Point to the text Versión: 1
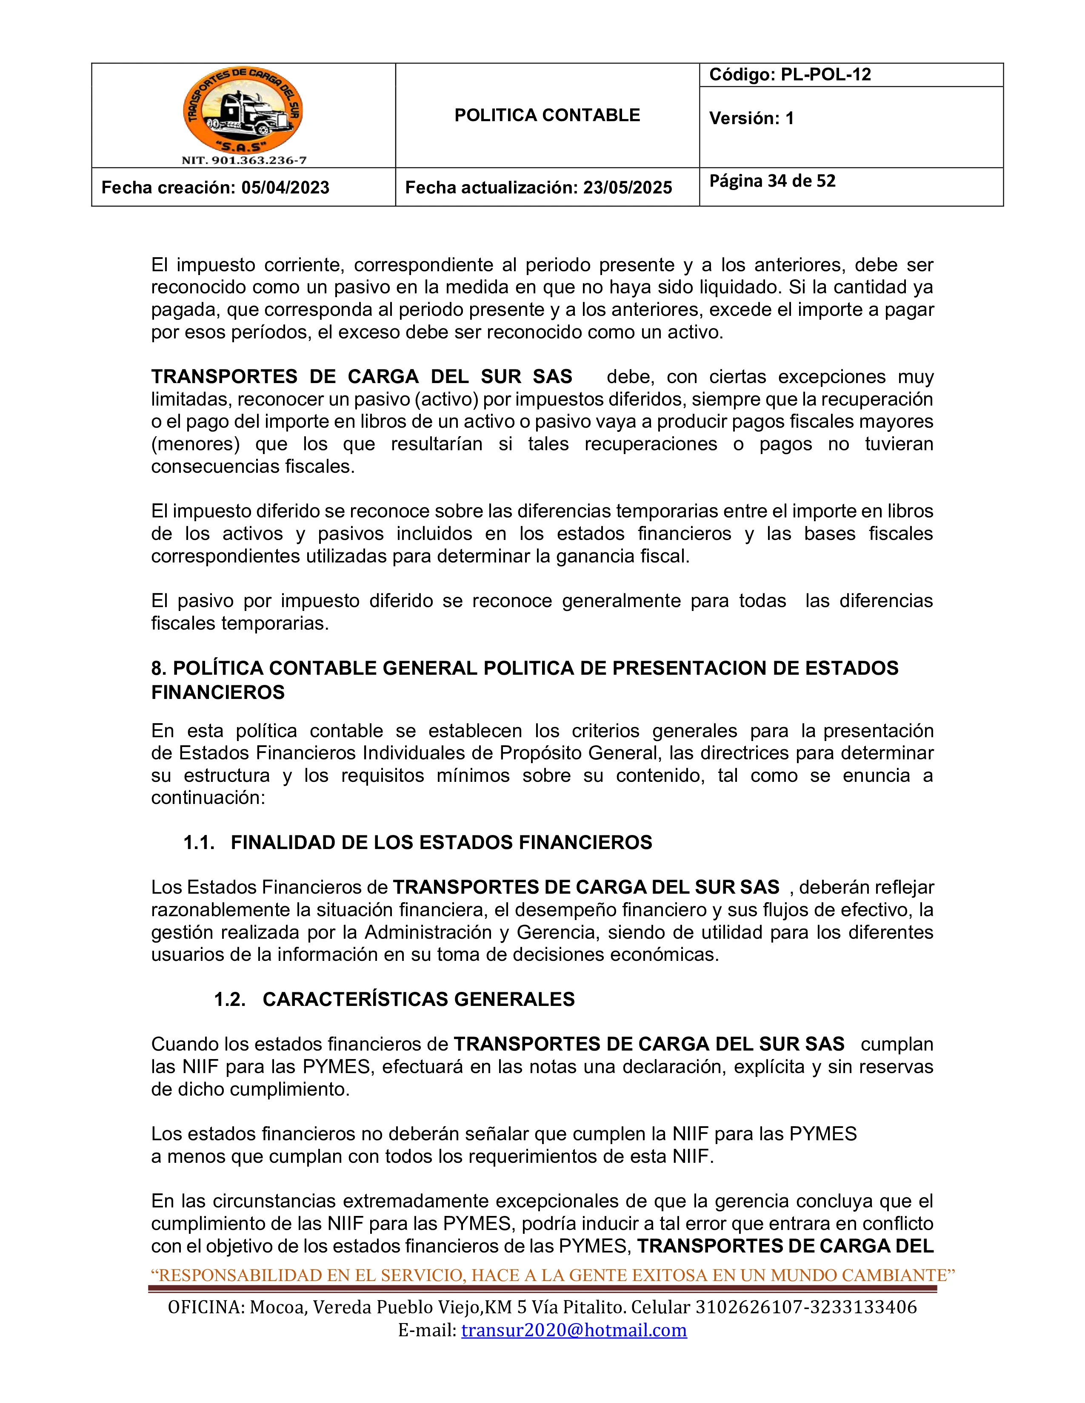751,118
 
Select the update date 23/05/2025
627,187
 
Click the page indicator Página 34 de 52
772,181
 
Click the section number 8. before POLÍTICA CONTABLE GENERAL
159,668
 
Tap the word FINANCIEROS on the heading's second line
218,693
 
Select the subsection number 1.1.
199,842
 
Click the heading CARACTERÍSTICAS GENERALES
418,999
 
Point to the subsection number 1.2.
229,999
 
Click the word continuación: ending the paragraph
208,798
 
